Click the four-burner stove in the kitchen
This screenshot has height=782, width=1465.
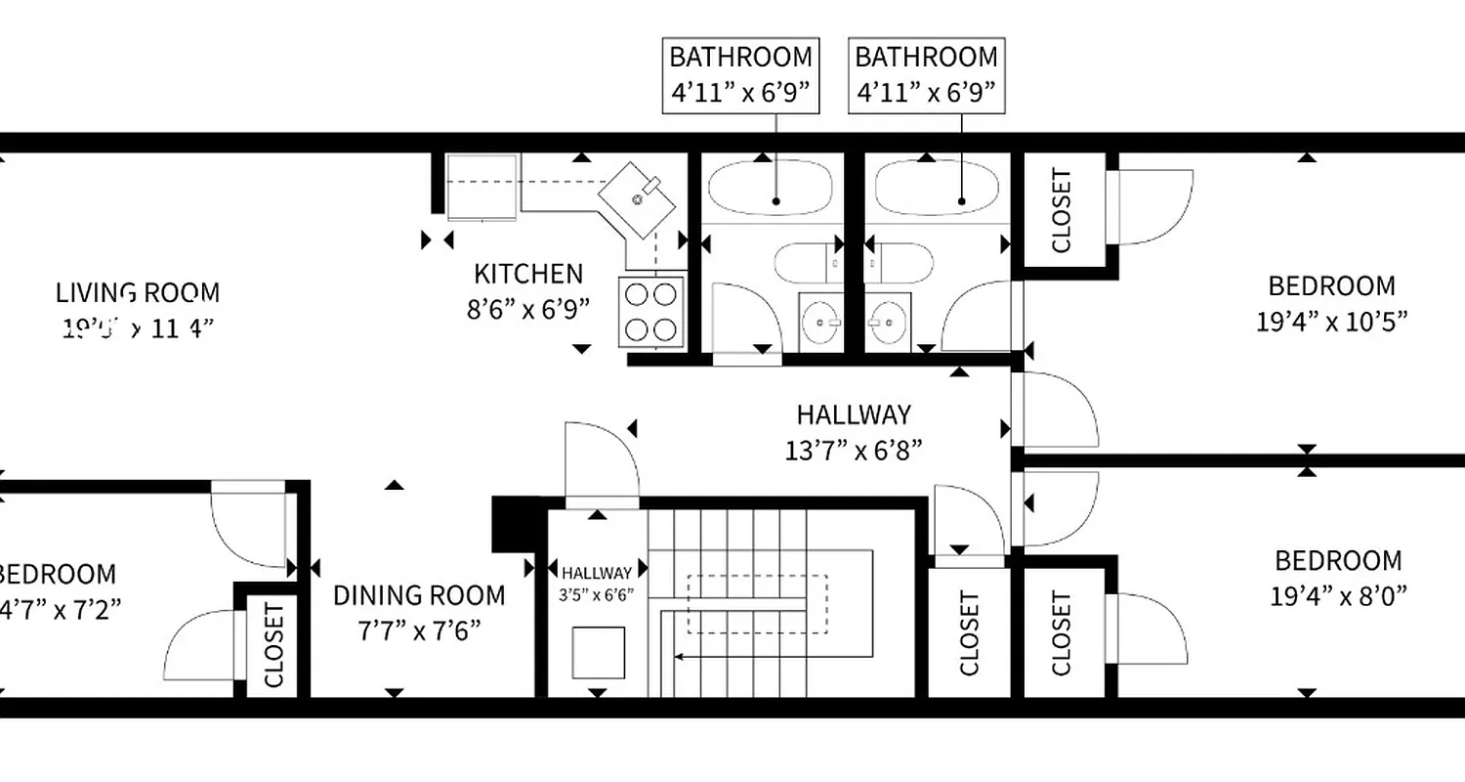click(651, 311)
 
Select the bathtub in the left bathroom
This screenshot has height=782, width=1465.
click(770, 187)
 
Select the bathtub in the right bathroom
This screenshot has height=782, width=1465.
click(937, 187)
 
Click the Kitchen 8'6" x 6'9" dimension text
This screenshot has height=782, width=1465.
click(528, 310)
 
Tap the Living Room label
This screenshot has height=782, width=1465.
click(138, 292)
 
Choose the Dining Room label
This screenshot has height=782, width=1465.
click(419, 595)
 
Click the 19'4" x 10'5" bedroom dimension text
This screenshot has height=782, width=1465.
click(1331, 322)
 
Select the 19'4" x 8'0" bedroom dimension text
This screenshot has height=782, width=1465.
click(1338, 595)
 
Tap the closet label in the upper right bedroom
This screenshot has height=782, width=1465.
click(1062, 211)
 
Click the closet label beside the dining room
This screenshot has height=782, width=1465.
click(274, 645)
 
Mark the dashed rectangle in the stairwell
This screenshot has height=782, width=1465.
click(758, 604)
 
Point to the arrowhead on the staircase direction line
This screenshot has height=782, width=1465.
click(681, 657)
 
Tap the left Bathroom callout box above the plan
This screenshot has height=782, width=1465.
click(740, 76)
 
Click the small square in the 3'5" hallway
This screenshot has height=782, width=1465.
click(598, 653)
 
